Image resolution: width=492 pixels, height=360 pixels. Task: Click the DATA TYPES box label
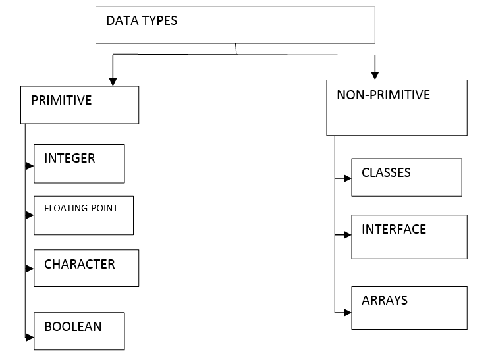pyautogui.click(x=142, y=20)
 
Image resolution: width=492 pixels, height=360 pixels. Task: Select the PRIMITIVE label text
pyautogui.click(x=61, y=101)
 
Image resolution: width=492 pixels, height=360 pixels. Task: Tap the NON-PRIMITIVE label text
pyautogui.click(x=383, y=95)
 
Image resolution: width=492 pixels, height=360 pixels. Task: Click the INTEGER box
pyautogui.click(x=79, y=163)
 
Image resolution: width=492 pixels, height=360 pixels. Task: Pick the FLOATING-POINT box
pyautogui.click(x=84, y=215)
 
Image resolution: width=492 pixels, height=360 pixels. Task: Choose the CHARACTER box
pyautogui.click(x=86, y=268)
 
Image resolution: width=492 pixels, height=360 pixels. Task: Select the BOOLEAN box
pyautogui.click(x=79, y=330)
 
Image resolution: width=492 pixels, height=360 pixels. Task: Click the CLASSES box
pyautogui.click(x=406, y=177)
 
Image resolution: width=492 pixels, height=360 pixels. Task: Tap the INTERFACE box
pyautogui.click(x=409, y=236)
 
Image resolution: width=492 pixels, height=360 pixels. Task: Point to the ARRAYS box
pyautogui.click(x=409, y=307)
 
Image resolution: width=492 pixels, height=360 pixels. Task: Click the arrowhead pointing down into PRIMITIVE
pyautogui.click(x=113, y=82)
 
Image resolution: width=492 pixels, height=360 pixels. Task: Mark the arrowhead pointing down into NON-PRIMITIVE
pyautogui.click(x=375, y=76)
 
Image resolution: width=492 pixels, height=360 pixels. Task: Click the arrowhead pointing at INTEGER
pyautogui.click(x=30, y=165)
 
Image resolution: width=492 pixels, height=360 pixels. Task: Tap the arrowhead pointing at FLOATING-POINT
pyautogui.click(x=30, y=215)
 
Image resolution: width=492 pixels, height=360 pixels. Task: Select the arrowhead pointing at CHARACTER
pyautogui.click(x=30, y=269)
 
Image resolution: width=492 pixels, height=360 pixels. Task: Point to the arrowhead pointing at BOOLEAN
pyautogui.click(x=30, y=336)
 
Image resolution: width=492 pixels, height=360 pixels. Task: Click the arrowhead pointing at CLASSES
pyautogui.click(x=348, y=178)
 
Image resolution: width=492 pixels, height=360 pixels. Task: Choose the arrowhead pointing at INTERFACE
pyautogui.click(x=348, y=234)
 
